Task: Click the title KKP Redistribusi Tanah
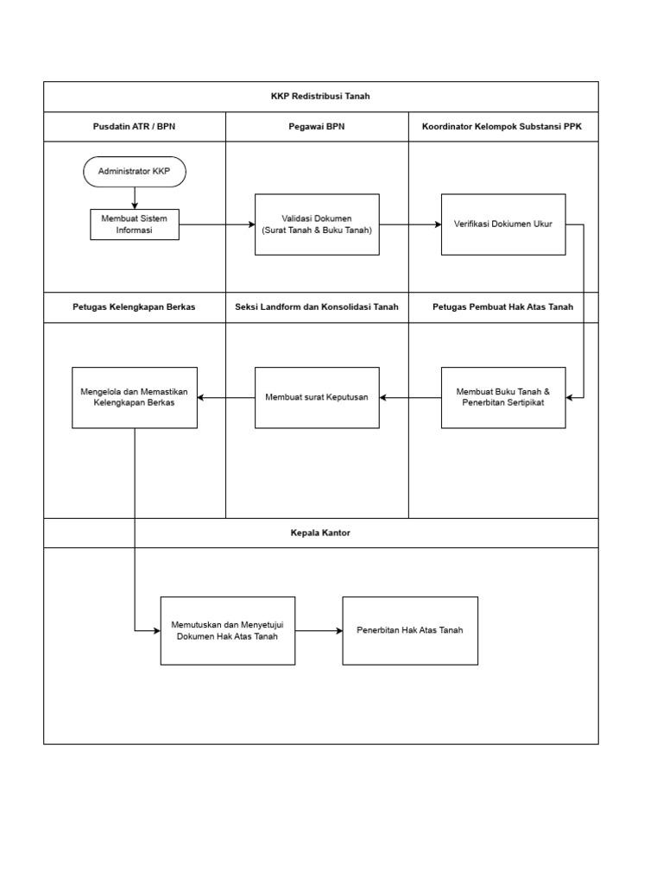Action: pos(320,97)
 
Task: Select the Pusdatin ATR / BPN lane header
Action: pos(134,127)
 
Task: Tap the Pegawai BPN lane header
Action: pos(317,127)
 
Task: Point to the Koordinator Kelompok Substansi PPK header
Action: pos(502,127)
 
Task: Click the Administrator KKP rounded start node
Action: pos(134,172)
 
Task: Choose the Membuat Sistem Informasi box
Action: pos(134,224)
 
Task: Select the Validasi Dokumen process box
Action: pos(317,224)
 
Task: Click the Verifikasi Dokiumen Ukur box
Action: pos(503,224)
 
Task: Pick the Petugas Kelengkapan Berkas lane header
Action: pos(134,307)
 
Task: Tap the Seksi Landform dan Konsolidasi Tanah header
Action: pos(317,307)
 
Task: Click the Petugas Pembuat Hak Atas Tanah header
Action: pos(502,307)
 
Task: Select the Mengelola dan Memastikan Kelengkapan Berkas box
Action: pos(134,397)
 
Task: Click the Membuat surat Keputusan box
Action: pos(317,397)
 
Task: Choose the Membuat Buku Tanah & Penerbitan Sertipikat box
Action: pos(503,397)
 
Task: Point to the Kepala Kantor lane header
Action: pos(320,533)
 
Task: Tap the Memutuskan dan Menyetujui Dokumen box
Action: pos(227,630)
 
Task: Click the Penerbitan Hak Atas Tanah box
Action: pos(410,630)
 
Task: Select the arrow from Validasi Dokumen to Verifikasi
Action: pos(410,224)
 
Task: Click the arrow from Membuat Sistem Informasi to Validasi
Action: pos(217,224)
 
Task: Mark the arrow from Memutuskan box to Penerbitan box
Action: pos(319,630)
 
